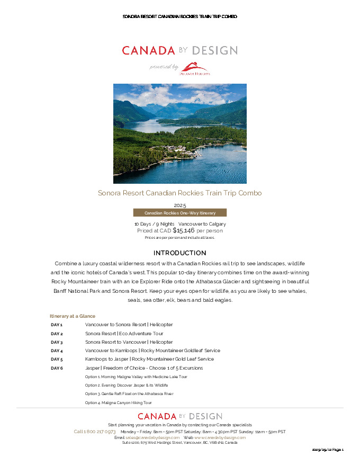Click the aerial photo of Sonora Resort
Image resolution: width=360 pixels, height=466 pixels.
pyautogui.click(x=180, y=133)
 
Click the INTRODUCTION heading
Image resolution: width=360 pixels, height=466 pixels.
pyautogui.click(x=180, y=253)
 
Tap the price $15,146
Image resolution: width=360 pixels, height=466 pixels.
pyautogui.click(x=184, y=230)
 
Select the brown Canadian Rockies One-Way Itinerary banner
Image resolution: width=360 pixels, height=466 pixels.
pyautogui.click(x=180, y=213)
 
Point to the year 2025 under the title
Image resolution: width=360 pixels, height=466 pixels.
pyautogui.click(x=180, y=205)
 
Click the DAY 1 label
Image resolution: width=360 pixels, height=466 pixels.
pyautogui.click(x=57, y=325)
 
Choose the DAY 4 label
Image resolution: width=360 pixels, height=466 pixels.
pyautogui.click(x=57, y=351)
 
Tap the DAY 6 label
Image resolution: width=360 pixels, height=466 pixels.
pyautogui.click(x=57, y=368)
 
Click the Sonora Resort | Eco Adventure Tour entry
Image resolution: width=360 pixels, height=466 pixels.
pyautogui.click(x=124, y=334)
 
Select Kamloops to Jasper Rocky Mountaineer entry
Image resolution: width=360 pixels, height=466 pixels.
pyautogui.click(x=149, y=359)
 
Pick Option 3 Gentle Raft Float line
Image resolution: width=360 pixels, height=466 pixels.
pyautogui.click(x=129, y=394)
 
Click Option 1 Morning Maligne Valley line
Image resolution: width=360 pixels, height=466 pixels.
pyautogui.click(x=136, y=377)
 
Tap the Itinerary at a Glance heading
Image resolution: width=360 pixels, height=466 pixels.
pyautogui.click(x=73, y=316)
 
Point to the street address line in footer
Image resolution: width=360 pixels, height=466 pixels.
pyautogui.click(x=180, y=443)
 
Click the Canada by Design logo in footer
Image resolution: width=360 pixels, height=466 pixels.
pyautogui.click(x=180, y=416)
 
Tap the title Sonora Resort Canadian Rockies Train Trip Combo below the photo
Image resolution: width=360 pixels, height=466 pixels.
pyautogui.click(x=180, y=193)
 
